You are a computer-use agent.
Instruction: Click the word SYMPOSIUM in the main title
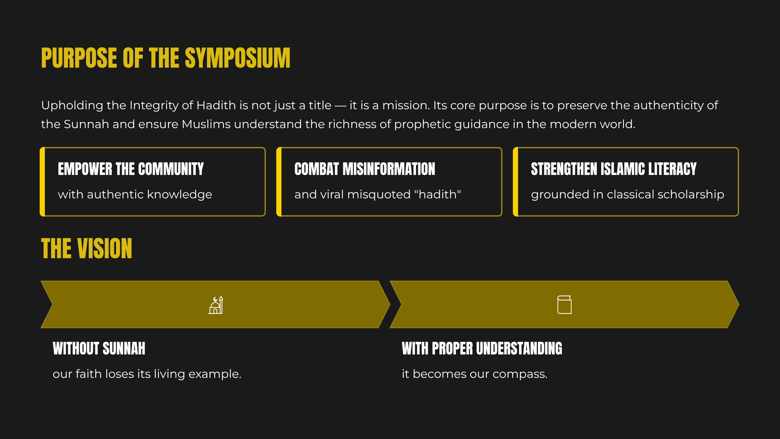238,58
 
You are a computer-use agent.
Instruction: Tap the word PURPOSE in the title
79,58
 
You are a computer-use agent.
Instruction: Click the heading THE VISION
86,248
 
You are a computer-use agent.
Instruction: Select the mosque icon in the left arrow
216,305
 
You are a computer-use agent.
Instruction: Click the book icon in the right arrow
565,305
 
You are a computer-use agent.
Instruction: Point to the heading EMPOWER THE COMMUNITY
131,169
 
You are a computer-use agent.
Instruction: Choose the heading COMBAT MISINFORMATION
365,169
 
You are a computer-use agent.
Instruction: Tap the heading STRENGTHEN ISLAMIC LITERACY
614,169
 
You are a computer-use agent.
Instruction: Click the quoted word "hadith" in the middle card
437,194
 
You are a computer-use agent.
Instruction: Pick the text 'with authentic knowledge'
135,194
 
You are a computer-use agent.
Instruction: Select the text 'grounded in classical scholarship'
628,194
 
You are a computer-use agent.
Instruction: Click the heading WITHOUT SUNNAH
99,349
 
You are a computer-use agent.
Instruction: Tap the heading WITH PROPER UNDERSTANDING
482,349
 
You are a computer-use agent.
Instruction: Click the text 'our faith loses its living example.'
147,374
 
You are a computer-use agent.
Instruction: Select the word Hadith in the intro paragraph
216,105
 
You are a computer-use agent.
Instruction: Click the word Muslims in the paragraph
206,124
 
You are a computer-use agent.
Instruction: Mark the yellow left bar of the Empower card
42,182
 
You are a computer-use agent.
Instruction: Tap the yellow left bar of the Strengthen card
515,182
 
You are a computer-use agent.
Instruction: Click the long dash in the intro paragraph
341,106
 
